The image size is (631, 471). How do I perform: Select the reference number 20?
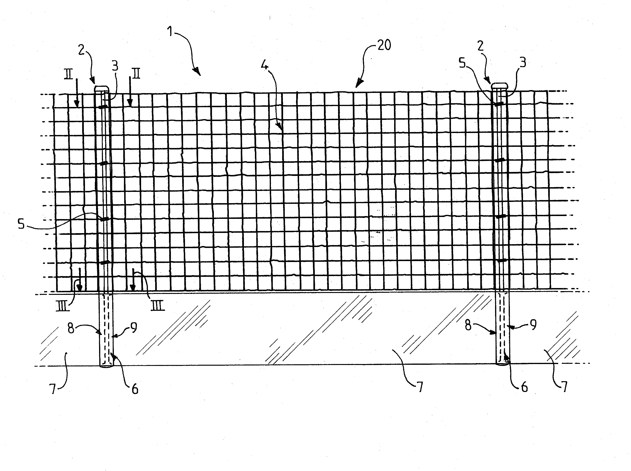pos(384,45)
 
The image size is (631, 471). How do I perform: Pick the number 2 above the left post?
pos(82,50)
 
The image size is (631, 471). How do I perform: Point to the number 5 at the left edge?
pos(21,224)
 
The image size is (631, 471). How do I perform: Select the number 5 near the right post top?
pos(462,63)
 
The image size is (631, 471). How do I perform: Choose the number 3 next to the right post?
pos(523,62)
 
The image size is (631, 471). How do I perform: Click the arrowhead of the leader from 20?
pos(358,84)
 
